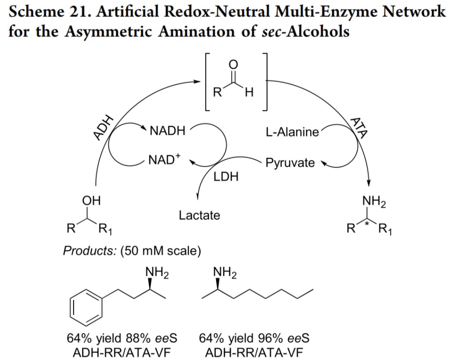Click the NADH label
pos(167,131)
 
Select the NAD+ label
pos(164,159)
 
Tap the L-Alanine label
pos(292,132)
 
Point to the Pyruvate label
pos(290,163)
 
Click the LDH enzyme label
pos(226,177)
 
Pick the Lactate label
pos(199,215)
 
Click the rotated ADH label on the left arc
pos(103,127)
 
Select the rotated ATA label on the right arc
pos(359,128)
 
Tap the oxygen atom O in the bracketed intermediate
pos(234,64)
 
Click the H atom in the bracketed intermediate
pos(249,93)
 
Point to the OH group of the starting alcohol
pos(91,201)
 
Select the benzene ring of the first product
pos(86,308)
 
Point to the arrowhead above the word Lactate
pos(198,196)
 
